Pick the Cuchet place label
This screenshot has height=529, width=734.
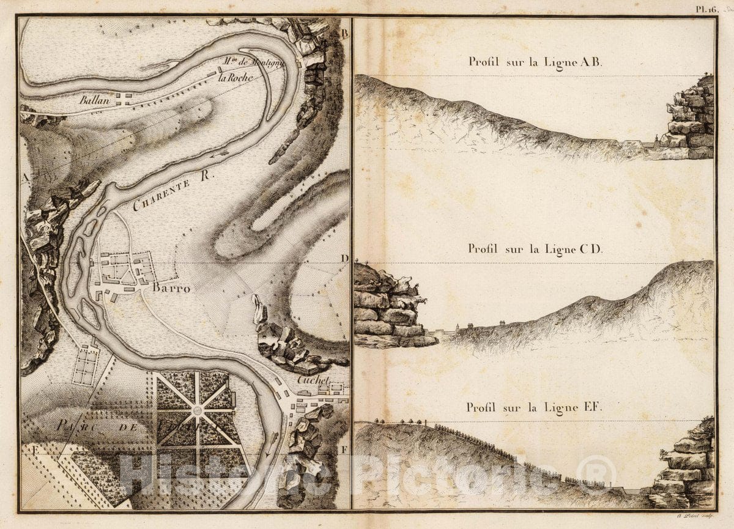313,379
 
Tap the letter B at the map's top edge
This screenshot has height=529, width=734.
344,33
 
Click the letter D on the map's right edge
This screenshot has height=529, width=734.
344,258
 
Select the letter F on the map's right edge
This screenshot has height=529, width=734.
344,449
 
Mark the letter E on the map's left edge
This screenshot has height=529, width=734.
26,449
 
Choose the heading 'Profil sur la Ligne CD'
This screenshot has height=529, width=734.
535,249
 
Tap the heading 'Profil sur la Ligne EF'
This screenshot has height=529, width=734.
535,407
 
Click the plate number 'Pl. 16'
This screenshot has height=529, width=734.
705,9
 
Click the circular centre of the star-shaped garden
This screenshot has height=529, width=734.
198,410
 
